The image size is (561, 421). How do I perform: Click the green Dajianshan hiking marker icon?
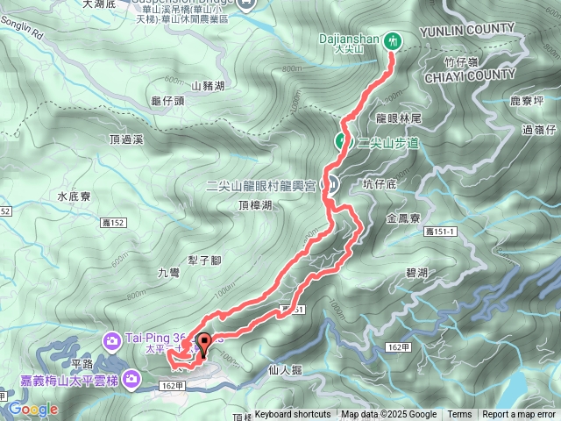394,39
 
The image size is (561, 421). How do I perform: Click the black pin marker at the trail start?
204,345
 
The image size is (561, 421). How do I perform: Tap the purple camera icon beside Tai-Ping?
113,339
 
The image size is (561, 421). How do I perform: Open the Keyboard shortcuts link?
293,415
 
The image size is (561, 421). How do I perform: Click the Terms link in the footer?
459,415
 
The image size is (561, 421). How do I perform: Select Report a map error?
519,415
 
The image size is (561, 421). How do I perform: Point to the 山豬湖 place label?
208,86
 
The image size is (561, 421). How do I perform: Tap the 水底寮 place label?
74,196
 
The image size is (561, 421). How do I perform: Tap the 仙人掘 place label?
286,370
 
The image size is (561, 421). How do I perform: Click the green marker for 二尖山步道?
342,141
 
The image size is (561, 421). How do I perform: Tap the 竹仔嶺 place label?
460,61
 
